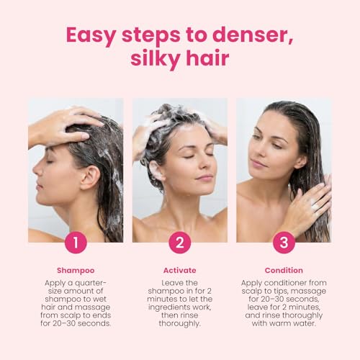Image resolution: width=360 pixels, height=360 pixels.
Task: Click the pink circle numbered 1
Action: [x=76, y=243]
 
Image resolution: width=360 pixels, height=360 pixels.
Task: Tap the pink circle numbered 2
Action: [x=180, y=243]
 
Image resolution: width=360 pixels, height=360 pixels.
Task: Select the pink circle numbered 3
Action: [x=284, y=243]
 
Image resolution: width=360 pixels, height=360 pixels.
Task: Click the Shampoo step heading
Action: [x=76, y=271]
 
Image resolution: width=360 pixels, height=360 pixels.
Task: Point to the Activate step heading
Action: [x=180, y=271]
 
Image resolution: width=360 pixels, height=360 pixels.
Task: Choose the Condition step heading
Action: [x=284, y=271]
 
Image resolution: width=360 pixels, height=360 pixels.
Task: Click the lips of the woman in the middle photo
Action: [x=204, y=178]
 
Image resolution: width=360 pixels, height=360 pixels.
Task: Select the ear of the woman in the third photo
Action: [x=300, y=161]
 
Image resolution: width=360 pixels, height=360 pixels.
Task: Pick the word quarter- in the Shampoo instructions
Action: [x=90, y=284]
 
